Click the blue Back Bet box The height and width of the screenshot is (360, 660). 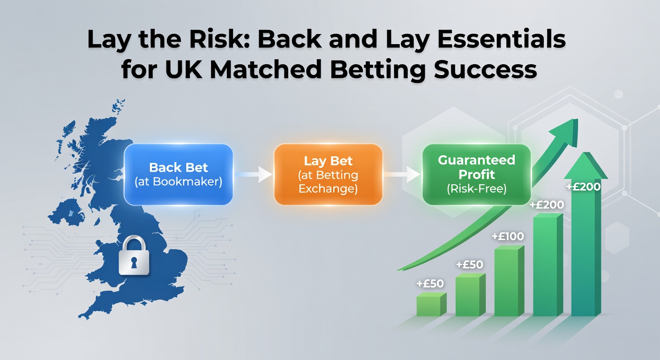179,174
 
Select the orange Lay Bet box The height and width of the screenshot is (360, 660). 328,174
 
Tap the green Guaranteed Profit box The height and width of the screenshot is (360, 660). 476,174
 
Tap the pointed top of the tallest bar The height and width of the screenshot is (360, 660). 585,164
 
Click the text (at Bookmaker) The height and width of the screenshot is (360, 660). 179,182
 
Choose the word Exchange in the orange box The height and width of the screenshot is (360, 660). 328,189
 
